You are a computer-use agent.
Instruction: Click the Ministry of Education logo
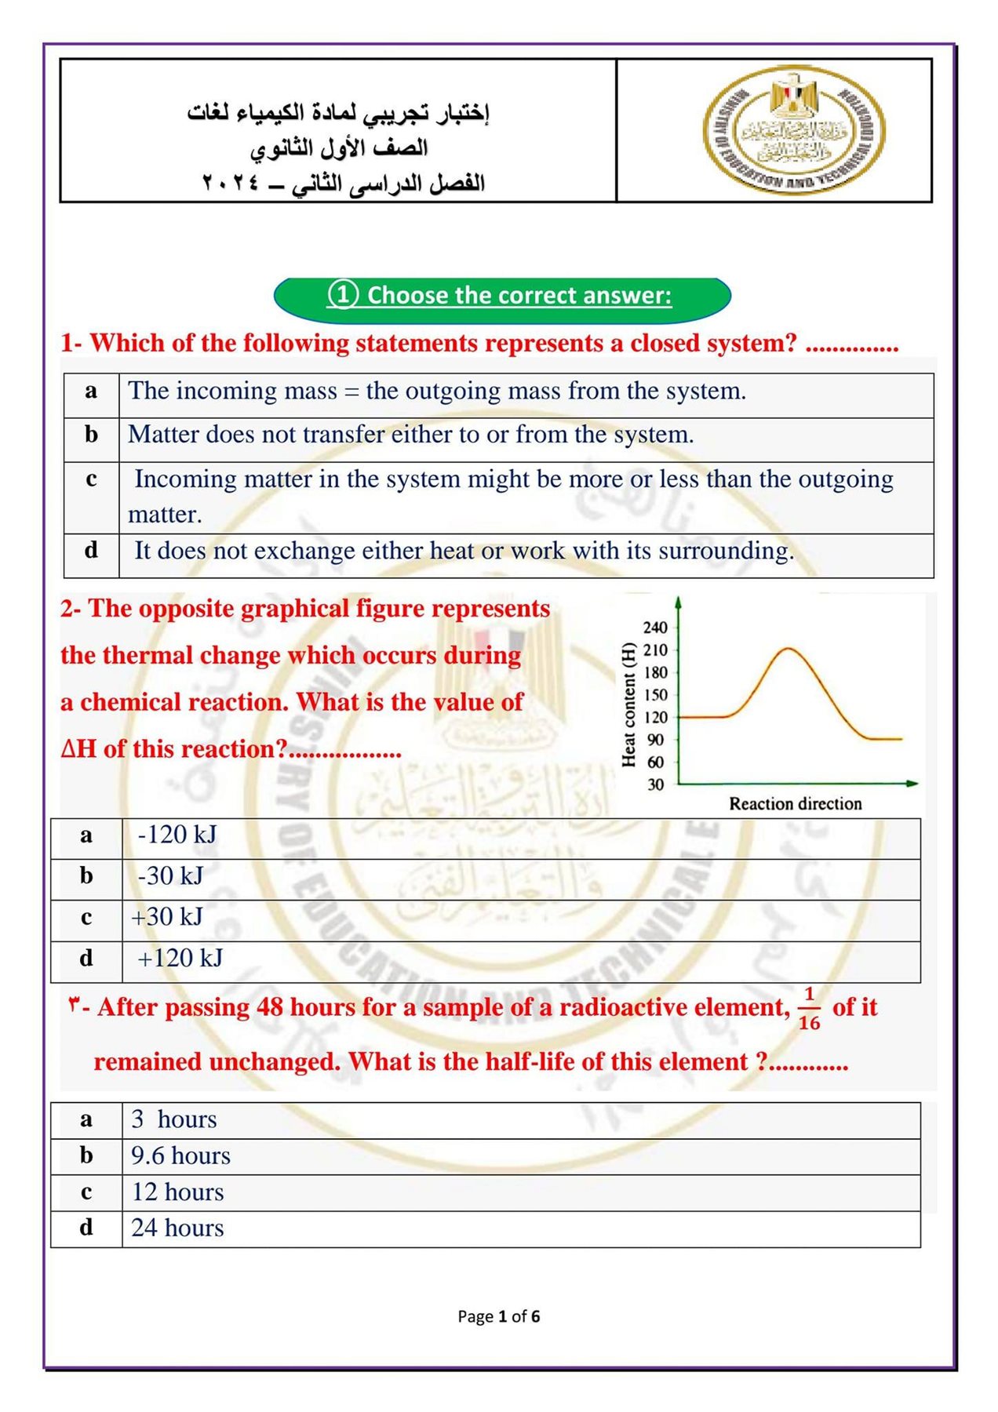(794, 129)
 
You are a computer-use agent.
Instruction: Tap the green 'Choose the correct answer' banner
(502, 297)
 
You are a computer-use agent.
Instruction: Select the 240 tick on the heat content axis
(655, 628)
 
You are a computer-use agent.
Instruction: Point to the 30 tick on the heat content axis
(655, 784)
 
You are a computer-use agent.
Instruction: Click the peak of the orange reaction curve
(788, 650)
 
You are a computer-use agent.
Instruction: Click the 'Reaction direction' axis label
(795, 804)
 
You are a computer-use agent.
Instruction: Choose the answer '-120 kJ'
(177, 835)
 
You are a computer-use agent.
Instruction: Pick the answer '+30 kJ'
(167, 917)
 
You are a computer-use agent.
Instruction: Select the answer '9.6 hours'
(180, 1156)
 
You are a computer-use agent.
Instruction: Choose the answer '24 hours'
(177, 1228)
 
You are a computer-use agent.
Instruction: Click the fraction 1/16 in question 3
(809, 1009)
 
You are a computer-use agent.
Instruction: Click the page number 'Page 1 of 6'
(499, 1316)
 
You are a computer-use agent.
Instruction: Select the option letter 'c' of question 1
(91, 479)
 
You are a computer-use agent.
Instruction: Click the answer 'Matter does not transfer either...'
(410, 435)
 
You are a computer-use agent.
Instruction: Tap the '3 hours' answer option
(173, 1119)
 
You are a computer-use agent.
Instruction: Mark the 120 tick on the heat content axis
(655, 717)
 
